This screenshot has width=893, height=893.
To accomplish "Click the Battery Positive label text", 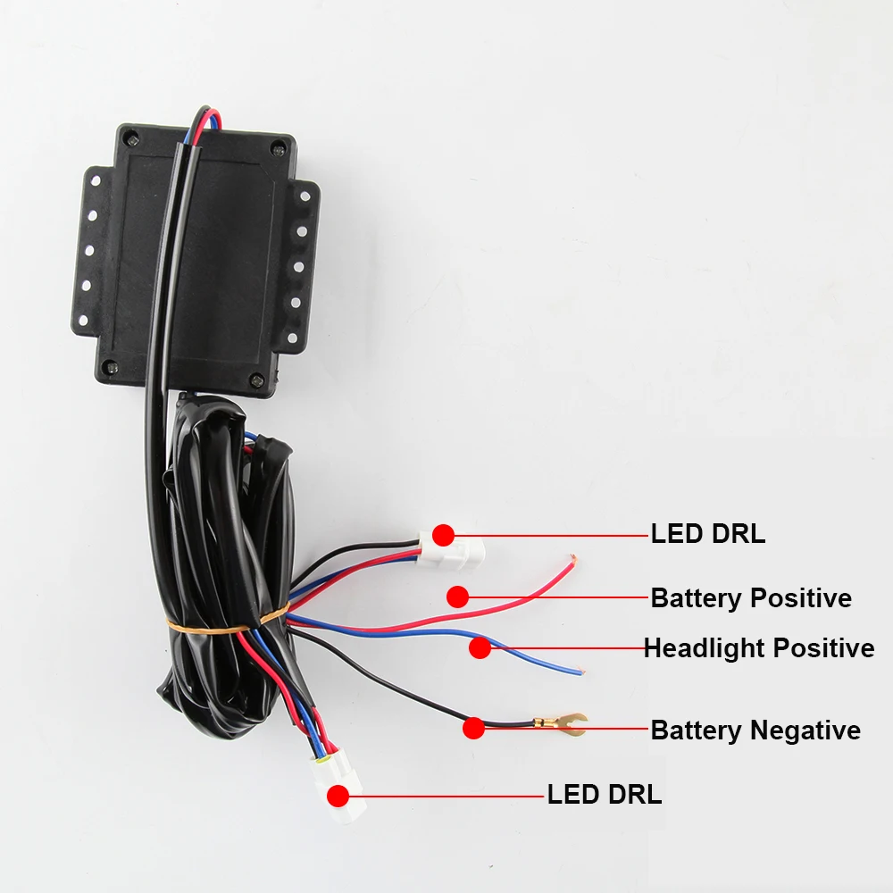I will [x=751, y=597].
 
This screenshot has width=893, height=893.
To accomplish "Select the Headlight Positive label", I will [x=759, y=647].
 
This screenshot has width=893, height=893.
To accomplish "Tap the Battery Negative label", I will [x=755, y=730].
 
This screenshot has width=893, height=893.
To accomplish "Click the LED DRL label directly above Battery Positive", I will [x=708, y=534].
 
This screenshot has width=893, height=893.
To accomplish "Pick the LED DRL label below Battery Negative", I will [x=605, y=794].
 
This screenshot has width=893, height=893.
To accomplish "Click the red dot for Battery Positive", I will [x=458, y=597].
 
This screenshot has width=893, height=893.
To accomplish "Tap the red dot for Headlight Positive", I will [x=480, y=648].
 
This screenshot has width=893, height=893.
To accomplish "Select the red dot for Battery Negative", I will [x=473, y=728].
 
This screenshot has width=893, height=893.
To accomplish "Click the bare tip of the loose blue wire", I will [x=580, y=671].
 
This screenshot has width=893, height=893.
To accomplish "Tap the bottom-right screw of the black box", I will [x=258, y=379].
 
